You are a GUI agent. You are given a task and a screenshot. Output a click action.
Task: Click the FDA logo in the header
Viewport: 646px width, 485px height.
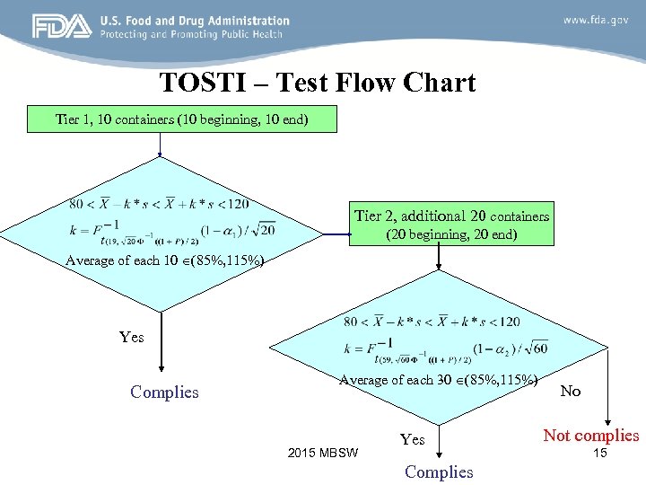(62, 26)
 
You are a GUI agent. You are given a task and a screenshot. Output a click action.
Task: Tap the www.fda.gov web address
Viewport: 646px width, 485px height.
(595, 20)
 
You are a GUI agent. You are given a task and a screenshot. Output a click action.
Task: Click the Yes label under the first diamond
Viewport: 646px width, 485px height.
(131, 337)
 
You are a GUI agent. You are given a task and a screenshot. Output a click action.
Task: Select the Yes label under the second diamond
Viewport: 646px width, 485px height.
(412, 439)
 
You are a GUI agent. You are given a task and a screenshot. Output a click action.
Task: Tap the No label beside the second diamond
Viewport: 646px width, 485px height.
(571, 391)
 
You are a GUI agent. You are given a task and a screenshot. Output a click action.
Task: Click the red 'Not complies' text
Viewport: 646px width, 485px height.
(590, 436)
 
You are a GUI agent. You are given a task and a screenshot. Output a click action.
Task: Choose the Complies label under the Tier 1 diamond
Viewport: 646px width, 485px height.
(164, 392)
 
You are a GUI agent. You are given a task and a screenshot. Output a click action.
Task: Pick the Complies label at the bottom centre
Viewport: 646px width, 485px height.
(439, 472)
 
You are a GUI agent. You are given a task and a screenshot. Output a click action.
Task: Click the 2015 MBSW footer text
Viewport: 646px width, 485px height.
(323, 452)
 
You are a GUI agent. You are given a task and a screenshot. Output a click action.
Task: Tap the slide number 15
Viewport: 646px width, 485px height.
(600, 454)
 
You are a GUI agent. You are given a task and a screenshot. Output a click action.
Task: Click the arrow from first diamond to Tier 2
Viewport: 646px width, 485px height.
(337, 236)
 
